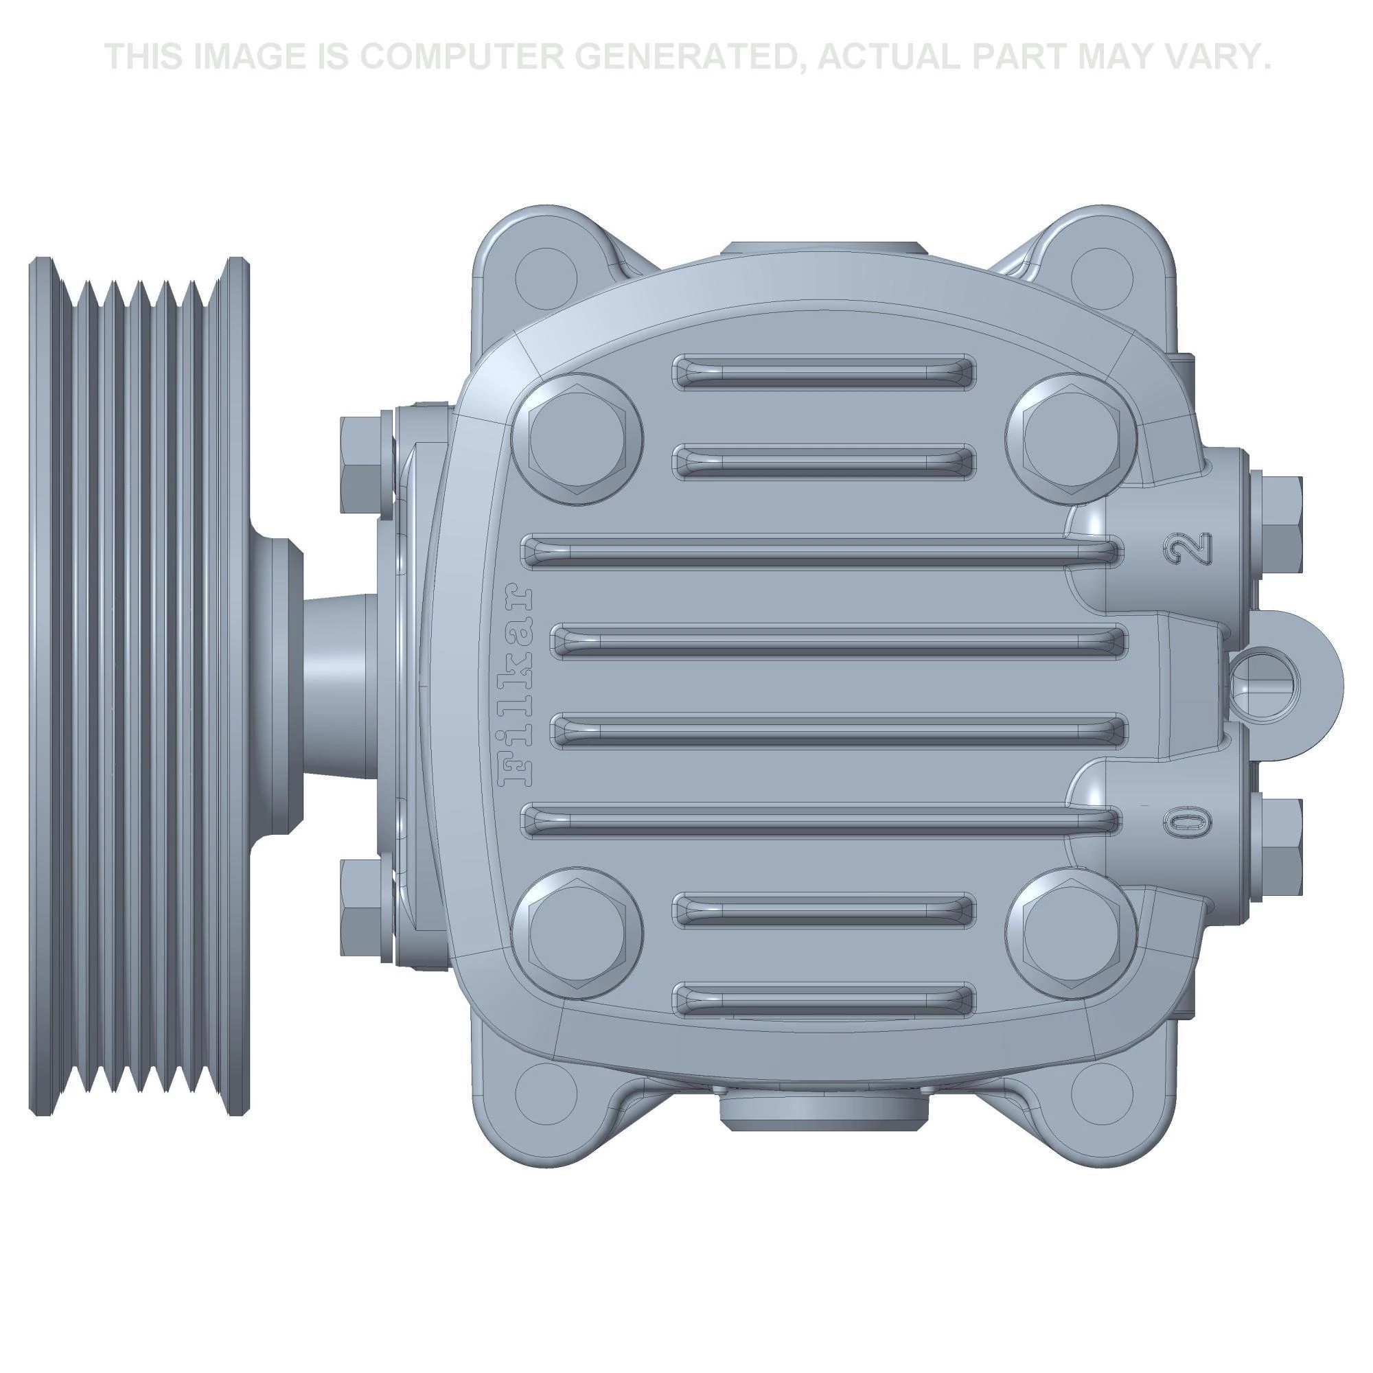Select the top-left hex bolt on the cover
577,439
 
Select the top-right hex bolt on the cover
1070,439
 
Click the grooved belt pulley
139,686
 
